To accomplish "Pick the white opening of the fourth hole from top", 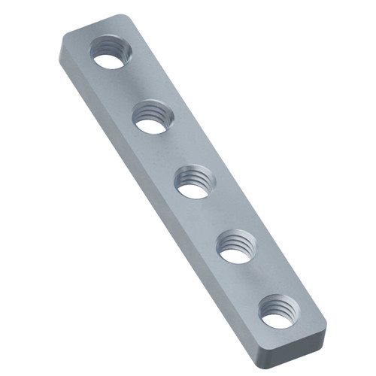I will pos(236,254).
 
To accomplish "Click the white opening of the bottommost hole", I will pos(277,319).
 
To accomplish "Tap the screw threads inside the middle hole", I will pos(199,177).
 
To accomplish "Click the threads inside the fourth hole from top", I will pos(241,242).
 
